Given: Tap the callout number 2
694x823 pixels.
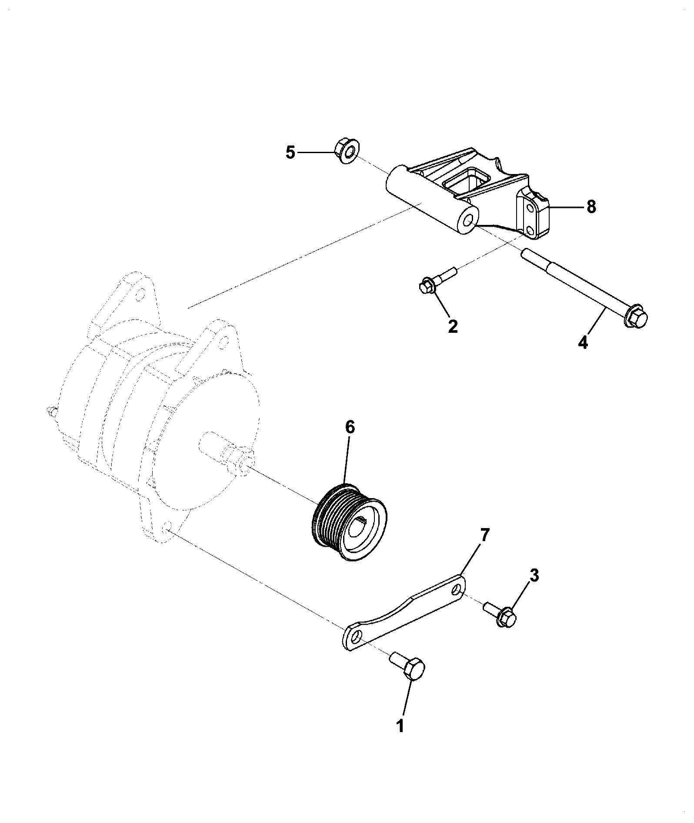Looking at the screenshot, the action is tap(452, 326).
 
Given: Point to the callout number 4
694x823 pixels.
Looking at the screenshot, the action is tap(583, 342).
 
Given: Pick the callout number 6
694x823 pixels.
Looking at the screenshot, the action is tap(350, 427).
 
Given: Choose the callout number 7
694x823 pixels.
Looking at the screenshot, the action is tap(484, 535).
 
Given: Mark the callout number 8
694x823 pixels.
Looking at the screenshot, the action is tap(591, 207).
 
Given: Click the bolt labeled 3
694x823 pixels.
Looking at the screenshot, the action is tap(500, 614).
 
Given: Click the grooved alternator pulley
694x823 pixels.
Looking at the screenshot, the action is tap(350, 522).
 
